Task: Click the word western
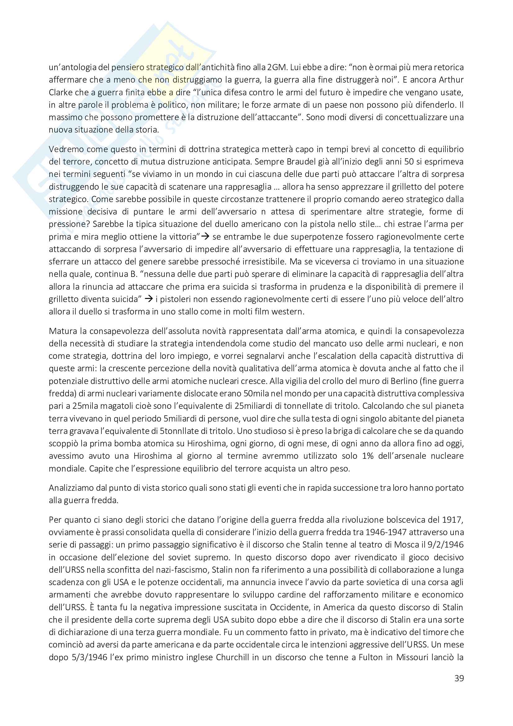pyautogui.click(x=288, y=311)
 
